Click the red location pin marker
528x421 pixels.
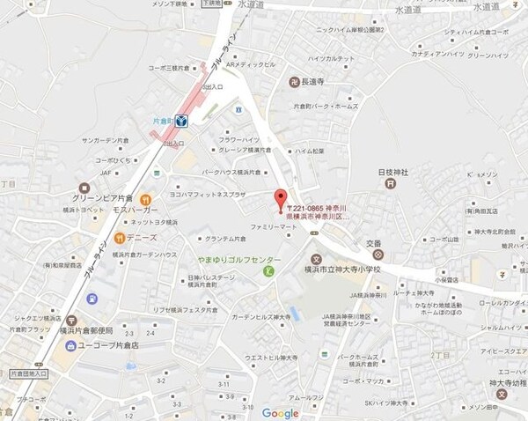(281, 198)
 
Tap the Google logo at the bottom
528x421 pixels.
(280, 413)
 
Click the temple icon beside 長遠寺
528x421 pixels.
(294, 83)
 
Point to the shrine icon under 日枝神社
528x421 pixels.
(388, 183)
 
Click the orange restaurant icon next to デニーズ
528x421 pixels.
(115, 238)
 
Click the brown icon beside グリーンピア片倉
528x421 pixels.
(84, 188)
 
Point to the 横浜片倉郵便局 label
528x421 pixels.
(88, 330)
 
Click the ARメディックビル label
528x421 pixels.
(251, 64)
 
